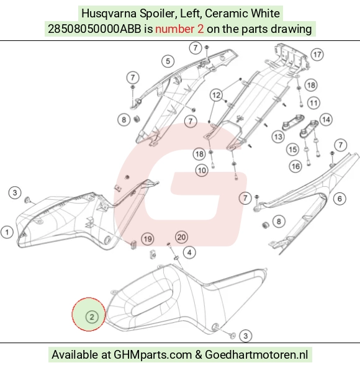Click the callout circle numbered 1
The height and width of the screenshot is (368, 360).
[x=7, y=232]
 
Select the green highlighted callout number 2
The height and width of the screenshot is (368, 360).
[x=92, y=317]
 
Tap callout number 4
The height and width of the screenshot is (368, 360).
[x=189, y=253]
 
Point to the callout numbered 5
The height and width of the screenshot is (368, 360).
[x=168, y=61]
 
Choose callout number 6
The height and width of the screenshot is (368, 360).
[x=340, y=199]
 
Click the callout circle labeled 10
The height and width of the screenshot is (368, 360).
[x=202, y=171]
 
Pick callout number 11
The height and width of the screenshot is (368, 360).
[x=314, y=103]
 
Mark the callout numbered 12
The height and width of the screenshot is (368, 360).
[x=217, y=95]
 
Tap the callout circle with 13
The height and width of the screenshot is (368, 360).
[x=278, y=137]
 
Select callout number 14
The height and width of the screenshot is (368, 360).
[x=326, y=120]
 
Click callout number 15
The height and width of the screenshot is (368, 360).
[x=292, y=150]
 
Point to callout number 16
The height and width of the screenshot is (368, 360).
[x=295, y=166]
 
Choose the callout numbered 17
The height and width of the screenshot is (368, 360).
[x=317, y=55]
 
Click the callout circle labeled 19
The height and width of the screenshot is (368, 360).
[x=148, y=239]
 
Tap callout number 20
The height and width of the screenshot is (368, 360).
[x=181, y=237]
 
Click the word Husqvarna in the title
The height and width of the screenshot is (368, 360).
[x=109, y=14]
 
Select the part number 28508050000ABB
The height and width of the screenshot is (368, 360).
[x=94, y=29]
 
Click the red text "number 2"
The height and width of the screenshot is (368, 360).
[x=179, y=29]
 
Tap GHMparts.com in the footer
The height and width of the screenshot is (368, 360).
[x=153, y=354]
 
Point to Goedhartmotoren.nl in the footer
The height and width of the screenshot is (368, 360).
[x=256, y=354]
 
